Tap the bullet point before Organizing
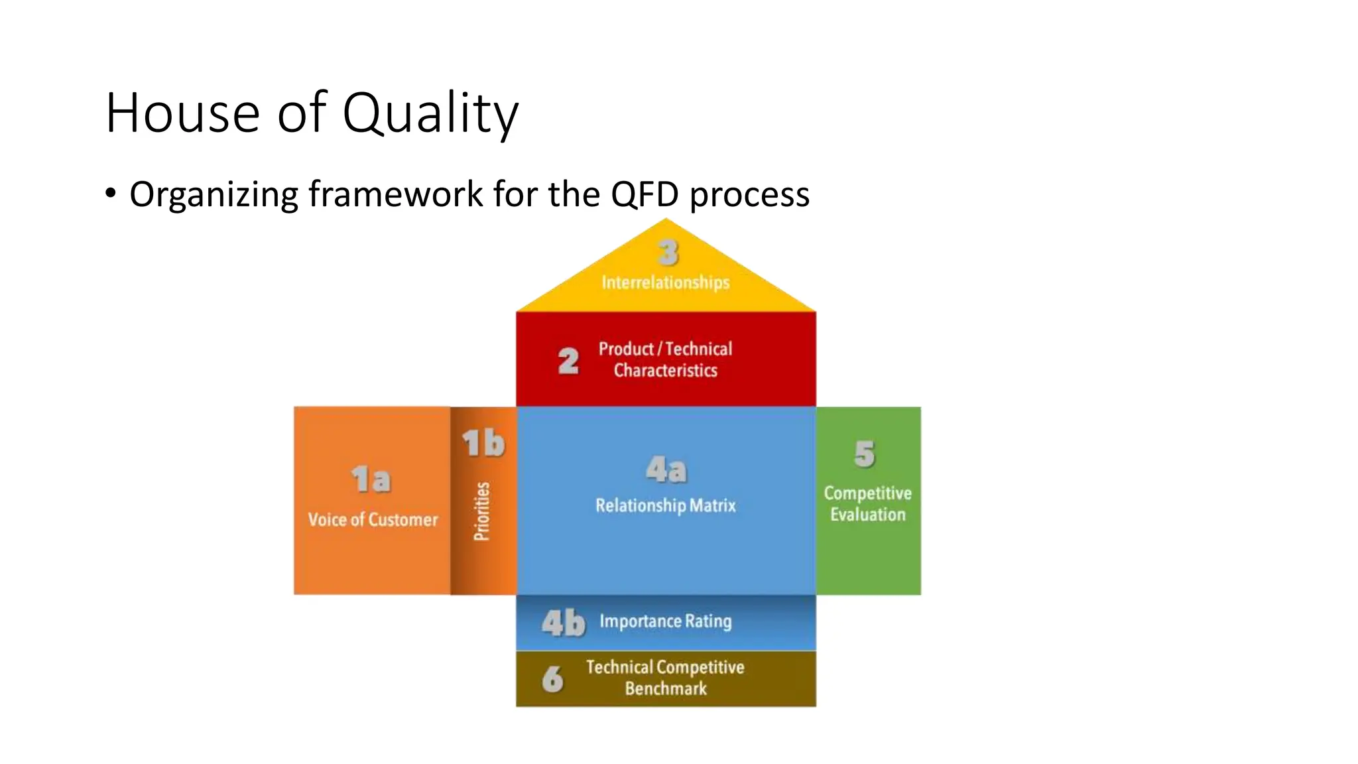(x=111, y=194)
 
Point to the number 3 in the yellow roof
(x=668, y=253)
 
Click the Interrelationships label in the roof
(x=666, y=283)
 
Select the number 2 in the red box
(x=568, y=361)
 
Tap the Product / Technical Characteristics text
(x=666, y=359)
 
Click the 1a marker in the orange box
(x=371, y=479)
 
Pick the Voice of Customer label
(x=373, y=519)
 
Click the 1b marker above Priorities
(x=483, y=443)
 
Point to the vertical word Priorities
(x=482, y=511)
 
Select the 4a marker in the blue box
(x=666, y=470)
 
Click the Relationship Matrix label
(x=666, y=505)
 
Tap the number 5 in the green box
(x=865, y=454)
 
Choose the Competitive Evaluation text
(x=867, y=503)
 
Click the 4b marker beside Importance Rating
(x=563, y=623)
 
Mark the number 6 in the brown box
(x=552, y=678)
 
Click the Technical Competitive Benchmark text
(x=665, y=677)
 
